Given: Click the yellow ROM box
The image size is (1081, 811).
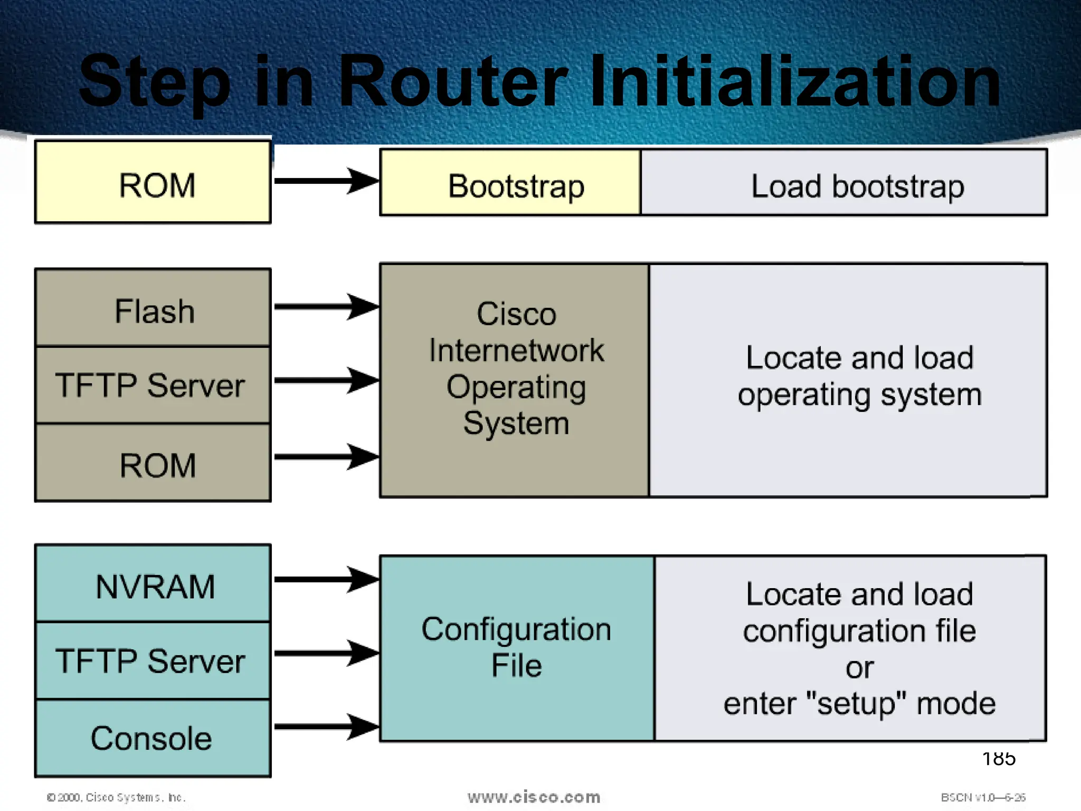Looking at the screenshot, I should (x=153, y=182).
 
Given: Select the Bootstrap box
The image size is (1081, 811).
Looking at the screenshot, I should (x=510, y=183).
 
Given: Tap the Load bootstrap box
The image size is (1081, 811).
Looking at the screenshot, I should (x=843, y=183).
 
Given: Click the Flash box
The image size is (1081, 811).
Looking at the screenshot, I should (x=153, y=308).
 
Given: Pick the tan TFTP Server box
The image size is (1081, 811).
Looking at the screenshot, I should (x=153, y=385).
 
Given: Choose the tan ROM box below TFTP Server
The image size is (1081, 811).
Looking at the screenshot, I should (x=153, y=463).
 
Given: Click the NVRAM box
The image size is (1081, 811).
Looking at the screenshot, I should (x=153, y=584).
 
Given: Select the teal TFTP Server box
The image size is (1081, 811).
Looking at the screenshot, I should (x=153, y=661).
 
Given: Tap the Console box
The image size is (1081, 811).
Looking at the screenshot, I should (x=153, y=738).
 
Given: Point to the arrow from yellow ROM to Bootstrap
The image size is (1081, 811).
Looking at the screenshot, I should (x=325, y=181).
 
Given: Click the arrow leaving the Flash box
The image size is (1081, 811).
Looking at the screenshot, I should (x=325, y=307).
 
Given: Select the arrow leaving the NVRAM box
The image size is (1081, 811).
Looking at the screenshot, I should (x=325, y=580).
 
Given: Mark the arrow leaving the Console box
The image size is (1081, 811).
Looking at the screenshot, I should (x=325, y=727).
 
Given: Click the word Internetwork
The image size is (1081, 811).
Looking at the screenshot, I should (x=516, y=351).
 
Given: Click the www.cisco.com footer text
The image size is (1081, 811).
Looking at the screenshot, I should (x=534, y=797).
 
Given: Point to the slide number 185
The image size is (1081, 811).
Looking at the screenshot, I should (x=998, y=759).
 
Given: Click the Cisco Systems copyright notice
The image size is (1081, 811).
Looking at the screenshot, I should (x=116, y=797).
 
